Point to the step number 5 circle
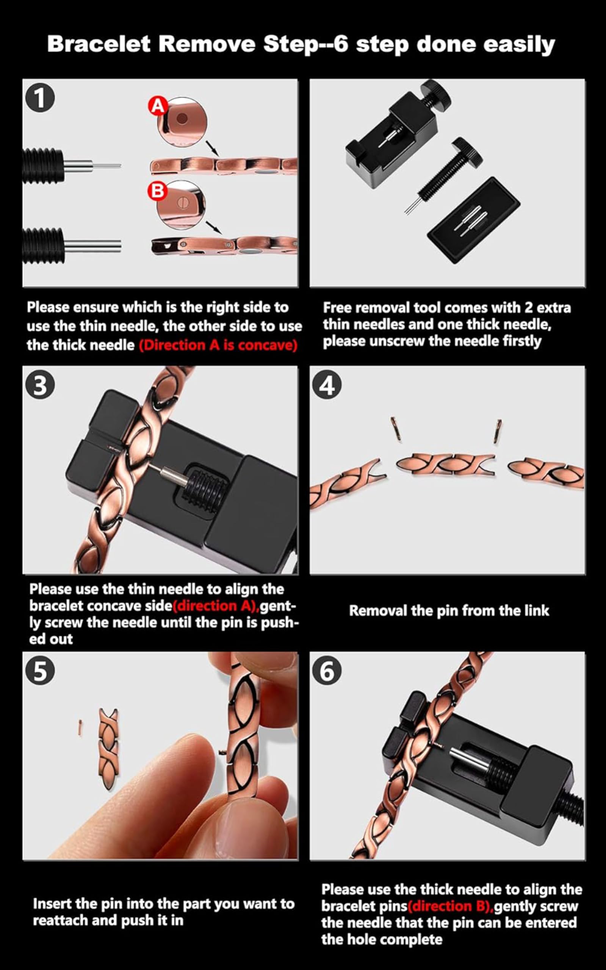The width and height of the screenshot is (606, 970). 40,671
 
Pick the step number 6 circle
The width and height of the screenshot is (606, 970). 327,671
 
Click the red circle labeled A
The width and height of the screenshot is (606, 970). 158,106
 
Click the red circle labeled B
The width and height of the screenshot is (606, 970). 157,191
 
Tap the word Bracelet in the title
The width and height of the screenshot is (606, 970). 99,44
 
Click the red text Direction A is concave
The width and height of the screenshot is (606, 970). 218,345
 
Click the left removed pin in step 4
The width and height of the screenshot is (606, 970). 396,429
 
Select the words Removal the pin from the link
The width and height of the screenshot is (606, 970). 449,610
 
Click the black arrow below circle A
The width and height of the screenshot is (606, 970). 212,148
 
